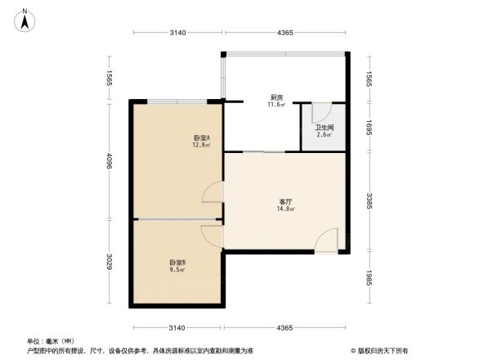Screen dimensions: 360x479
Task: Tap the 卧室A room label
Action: coord(202,137)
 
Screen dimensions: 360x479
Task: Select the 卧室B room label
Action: coord(177,262)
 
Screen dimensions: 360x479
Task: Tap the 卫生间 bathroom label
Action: coord(324,128)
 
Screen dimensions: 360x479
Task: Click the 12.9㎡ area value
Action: coord(202,145)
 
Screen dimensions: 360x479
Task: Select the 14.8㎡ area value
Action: coord(286,209)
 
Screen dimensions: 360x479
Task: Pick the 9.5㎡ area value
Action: coord(177,269)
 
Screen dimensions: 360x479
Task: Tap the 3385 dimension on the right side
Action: coord(369,201)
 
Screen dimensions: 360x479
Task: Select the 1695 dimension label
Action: coord(369,127)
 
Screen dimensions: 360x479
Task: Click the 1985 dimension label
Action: coord(369,279)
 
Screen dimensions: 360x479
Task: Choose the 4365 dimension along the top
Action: coord(284,33)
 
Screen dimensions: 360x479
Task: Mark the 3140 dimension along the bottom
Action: coord(178,327)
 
